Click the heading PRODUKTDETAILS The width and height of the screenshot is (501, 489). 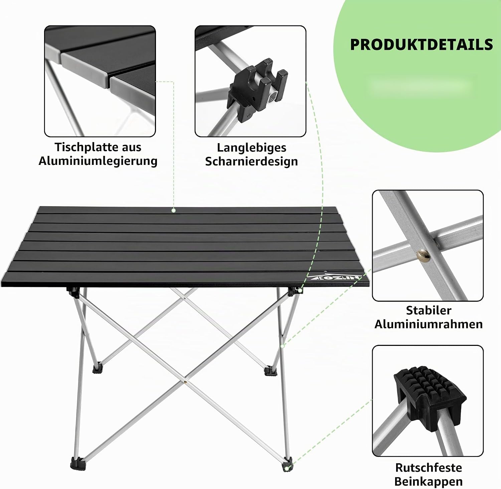422,44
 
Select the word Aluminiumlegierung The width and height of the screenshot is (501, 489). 98,161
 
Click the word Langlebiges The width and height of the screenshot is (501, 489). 252,148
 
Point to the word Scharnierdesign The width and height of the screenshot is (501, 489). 252,161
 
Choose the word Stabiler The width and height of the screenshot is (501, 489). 429,310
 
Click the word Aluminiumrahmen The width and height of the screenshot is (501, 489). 429,324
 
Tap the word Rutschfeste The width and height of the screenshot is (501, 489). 429,468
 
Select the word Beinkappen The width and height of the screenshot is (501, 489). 429,482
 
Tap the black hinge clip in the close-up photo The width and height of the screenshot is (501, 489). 257,88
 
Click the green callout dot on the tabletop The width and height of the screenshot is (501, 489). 173,210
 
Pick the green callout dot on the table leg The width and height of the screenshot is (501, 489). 282,346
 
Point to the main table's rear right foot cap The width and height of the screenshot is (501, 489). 269,371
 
